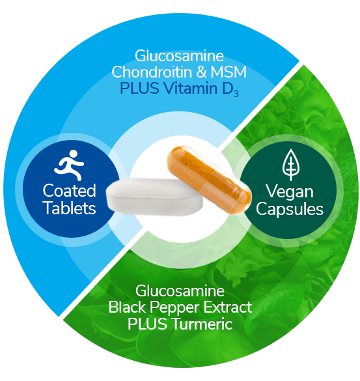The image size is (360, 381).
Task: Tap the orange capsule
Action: pyautogui.click(x=209, y=180)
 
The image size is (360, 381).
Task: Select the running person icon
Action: pyautogui.click(x=70, y=165)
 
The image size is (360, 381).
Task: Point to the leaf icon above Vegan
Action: pyautogui.click(x=291, y=165)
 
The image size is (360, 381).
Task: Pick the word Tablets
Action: pyautogui.click(x=70, y=208)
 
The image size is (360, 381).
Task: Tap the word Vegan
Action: pyautogui.click(x=290, y=192)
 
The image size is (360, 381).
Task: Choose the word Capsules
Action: pyautogui.click(x=290, y=209)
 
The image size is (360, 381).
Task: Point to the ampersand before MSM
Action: pyautogui.click(x=201, y=72)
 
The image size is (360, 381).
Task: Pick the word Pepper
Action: pyautogui.click(x=174, y=309)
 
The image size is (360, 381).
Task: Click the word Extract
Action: pyautogui.click(x=228, y=307)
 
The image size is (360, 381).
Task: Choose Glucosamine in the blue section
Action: pyautogui.click(x=179, y=55)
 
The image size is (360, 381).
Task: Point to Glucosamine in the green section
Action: pyautogui.click(x=180, y=290)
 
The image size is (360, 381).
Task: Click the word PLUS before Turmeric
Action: pyautogui.click(x=147, y=324)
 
